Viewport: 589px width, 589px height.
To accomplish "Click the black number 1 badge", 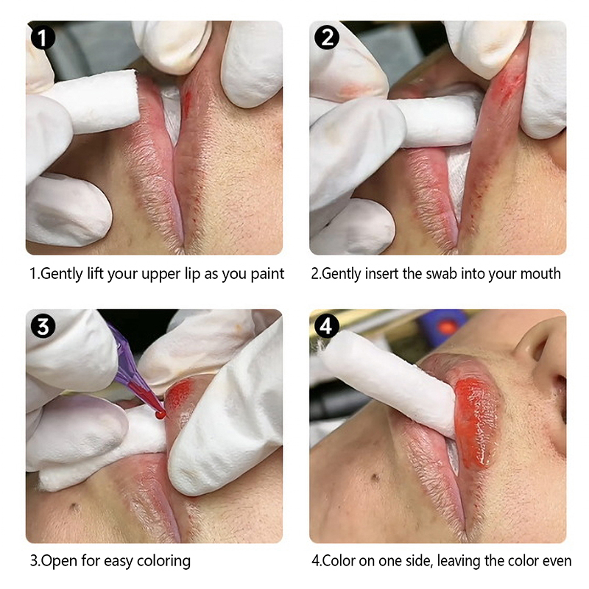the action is pos(43,38).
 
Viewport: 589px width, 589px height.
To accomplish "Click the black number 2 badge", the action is pos(326,38).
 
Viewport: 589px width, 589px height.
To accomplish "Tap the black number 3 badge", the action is pos(43,326).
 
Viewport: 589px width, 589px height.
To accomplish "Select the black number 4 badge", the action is pos(326,325).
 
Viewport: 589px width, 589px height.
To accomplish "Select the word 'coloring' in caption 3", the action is pos(163,562).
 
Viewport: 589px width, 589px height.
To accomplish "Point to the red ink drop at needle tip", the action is pos(161,415).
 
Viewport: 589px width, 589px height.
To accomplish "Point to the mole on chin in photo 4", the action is pos(374,478).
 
